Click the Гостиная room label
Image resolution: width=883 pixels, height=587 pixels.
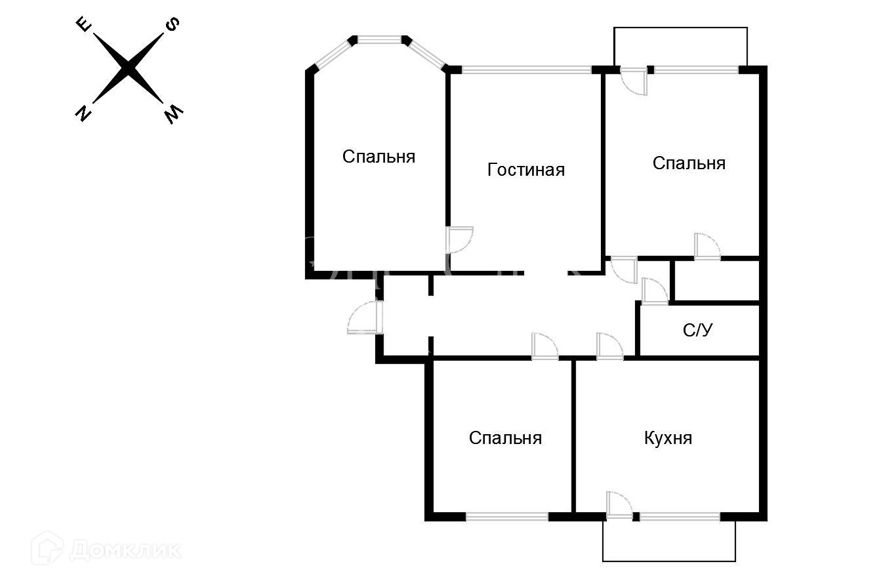(x=525, y=170)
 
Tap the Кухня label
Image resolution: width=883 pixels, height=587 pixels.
(x=668, y=437)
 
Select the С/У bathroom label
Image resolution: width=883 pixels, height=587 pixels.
(x=697, y=331)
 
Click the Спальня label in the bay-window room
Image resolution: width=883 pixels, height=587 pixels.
(x=379, y=157)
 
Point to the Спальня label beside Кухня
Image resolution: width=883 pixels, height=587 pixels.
(x=505, y=437)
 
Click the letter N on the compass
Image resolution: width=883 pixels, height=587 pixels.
(x=83, y=114)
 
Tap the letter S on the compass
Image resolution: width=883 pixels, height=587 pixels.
(x=173, y=25)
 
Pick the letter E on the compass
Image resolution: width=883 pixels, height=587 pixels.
(x=83, y=25)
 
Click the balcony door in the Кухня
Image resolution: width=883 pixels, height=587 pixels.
(x=619, y=506)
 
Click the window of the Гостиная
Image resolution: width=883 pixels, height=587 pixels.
(x=526, y=70)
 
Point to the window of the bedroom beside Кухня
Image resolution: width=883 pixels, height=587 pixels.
(x=506, y=517)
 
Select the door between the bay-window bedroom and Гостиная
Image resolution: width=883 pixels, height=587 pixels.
(x=459, y=239)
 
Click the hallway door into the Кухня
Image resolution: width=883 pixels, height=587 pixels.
(x=609, y=347)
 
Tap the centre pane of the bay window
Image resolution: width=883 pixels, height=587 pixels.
(x=379, y=40)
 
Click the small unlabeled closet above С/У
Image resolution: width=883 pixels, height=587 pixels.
(x=716, y=281)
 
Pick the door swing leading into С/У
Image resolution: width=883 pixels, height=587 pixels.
(x=654, y=292)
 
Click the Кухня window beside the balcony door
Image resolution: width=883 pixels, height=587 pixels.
(x=680, y=517)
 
